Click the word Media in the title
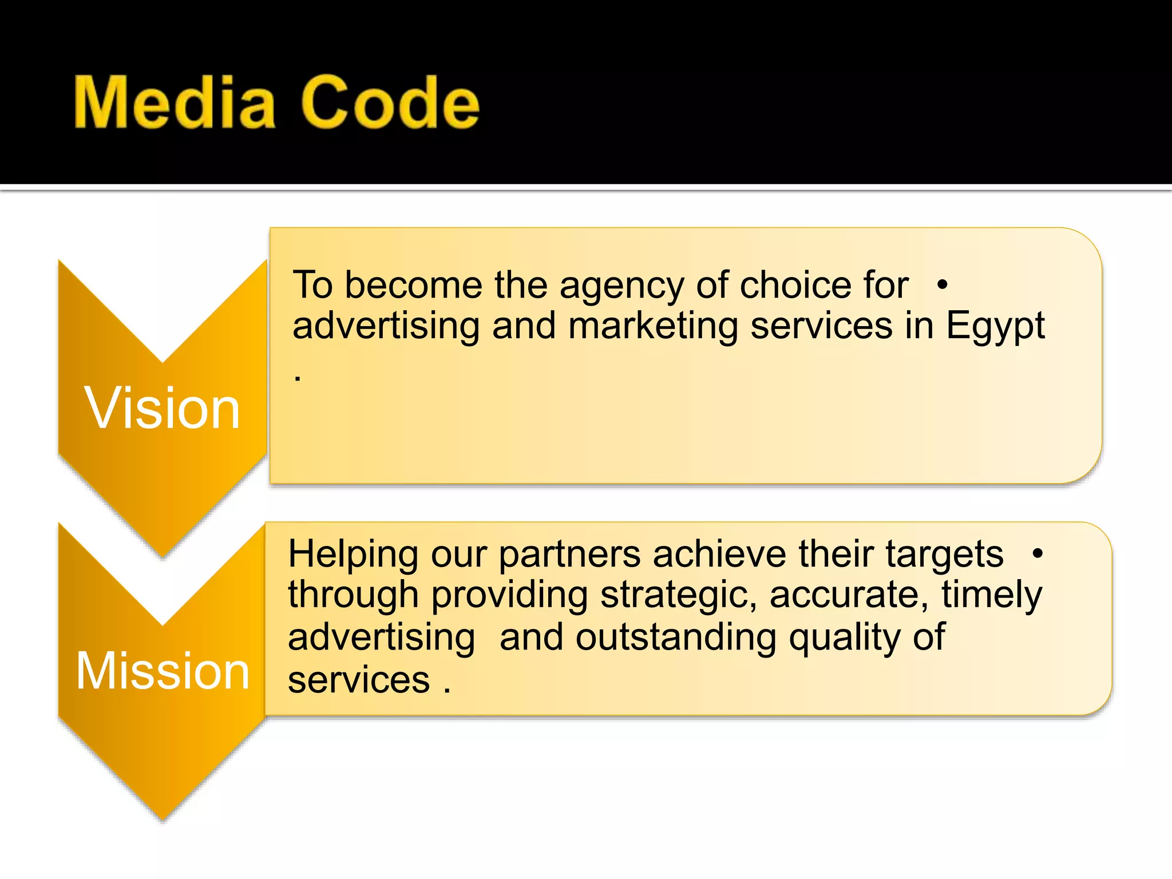[175, 103]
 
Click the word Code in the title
[390, 103]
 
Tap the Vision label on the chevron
[163, 408]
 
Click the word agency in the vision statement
[621, 286]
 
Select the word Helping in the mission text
[353, 555]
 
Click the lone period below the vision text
[298, 378]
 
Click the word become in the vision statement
[413, 285]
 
